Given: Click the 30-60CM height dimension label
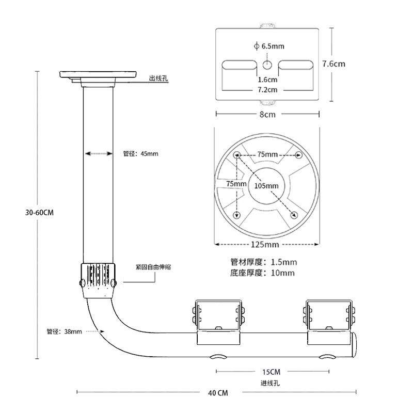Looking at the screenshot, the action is [39, 212].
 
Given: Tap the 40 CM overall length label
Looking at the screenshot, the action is [218, 393].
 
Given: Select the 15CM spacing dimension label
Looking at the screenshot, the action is [272, 372].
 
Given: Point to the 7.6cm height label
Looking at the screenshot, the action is [333, 63].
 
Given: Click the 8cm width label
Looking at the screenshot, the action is [267, 114].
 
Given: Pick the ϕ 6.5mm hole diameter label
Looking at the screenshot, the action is [269, 46].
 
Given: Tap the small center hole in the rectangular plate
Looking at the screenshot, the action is [267, 65].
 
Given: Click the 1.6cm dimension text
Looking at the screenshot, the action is [267, 80].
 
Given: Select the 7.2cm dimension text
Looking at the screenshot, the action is [267, 90].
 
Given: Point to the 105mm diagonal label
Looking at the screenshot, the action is [266, 186].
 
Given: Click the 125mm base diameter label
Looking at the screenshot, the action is [265, 244].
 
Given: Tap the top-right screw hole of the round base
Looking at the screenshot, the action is [298, 154].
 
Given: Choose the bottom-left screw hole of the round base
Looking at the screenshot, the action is [237, 215].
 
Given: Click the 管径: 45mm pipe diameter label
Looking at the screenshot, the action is [140, 153].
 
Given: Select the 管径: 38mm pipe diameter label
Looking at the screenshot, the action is [64, 331].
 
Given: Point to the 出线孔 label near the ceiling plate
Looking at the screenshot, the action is [158, 78].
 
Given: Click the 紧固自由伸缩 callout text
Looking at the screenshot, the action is [153, 267].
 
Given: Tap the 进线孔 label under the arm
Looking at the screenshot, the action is [270, 383].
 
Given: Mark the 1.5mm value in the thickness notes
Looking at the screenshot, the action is [284, 262].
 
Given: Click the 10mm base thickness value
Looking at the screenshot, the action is [282, 273].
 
